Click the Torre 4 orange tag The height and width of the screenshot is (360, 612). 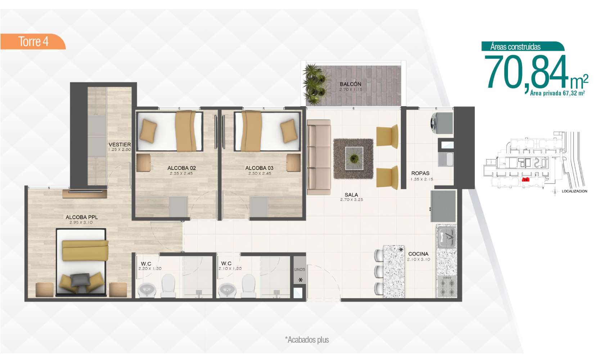click(x=33, y=41)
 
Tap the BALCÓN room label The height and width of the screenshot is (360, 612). click(x=351, y=84)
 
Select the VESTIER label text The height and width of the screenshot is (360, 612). click(x=120, y=144)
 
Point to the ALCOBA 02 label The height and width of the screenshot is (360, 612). click(x=181, y=168)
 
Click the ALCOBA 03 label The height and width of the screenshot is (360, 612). click(x=259, y=168)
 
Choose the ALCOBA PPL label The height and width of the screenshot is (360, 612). click(x=81, y=217)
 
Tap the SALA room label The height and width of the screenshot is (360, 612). click(x=351, y=195)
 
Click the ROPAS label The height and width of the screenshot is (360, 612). click(x=420, y=173)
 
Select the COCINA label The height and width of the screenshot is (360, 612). click(x=418, y=254)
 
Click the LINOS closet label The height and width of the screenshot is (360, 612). click(x=300, y=269)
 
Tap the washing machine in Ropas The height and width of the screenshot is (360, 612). click(x=441, y=123)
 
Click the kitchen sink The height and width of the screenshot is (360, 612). click(x=446, y=237)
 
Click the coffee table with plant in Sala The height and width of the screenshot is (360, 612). click(x=354, y=158)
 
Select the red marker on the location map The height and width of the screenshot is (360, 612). click(x=526, y=180)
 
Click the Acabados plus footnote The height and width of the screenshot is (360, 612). click(x=307, y=340)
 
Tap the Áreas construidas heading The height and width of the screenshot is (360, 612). click(x=515, y=47)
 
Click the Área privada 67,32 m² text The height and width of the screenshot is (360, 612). click(x=557, y=93)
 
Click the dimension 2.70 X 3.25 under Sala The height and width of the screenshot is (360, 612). click(x=351, y=200)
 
